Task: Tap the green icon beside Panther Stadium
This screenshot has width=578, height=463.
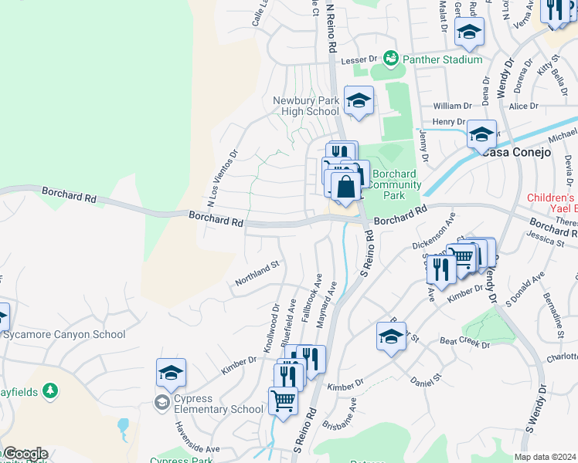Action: click(x=391, y=59)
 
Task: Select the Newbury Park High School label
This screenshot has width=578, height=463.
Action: click(x=306, y=106)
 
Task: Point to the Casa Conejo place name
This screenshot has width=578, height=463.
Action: click(x=518, y=152)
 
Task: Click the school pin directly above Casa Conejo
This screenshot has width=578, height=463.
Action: click(x=481, y=135)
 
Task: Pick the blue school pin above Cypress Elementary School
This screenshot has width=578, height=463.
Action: click(x=171, y=373)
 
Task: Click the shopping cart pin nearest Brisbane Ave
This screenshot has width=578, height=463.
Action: click(x=283, y=400)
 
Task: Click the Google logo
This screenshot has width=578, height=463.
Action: click(x=25, y=454)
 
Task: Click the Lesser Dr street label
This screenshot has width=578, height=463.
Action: click(x=359, y=59)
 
